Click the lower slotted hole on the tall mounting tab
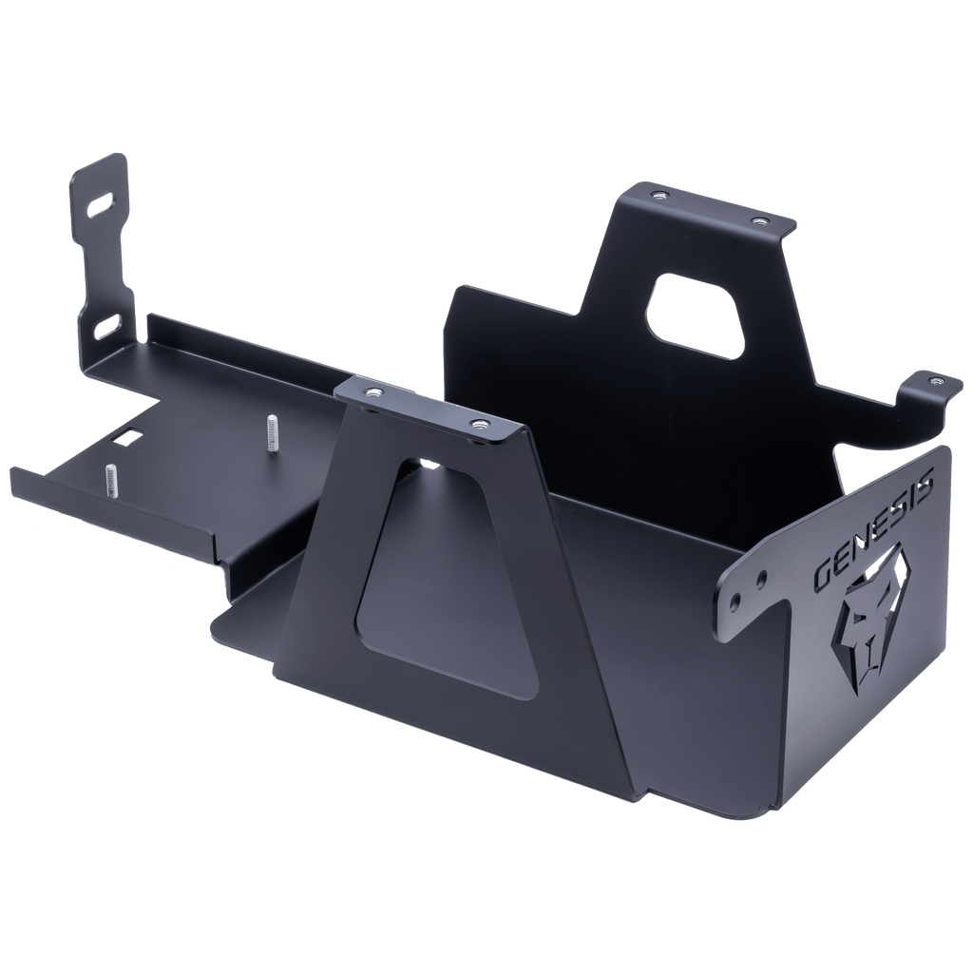(x=105, y=325)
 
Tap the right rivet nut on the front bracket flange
(x=476, y=425)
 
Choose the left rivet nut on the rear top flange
(x=658, y=197)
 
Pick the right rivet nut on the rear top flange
(x=757, y=221)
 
